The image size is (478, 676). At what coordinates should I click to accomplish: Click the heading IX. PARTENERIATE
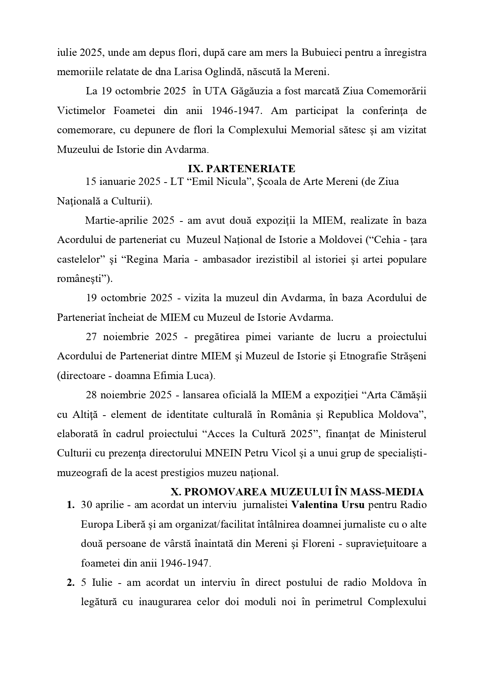pos(242,169)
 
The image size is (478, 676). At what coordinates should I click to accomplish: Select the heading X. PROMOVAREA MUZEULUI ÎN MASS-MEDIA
pos(297,492)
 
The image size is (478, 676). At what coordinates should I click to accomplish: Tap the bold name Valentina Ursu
pos(328,505)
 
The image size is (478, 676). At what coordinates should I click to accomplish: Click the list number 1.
pos(70,505)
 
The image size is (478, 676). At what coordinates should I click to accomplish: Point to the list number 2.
pos(70,582)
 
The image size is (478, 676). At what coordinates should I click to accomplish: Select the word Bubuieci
pos(320,52)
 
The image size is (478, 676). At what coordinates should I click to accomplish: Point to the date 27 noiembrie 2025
pos(131,337)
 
